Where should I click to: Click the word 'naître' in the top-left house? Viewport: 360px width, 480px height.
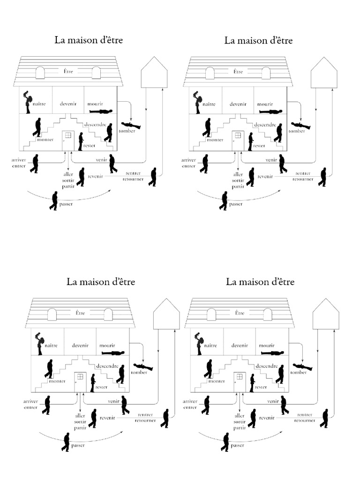(39, 104)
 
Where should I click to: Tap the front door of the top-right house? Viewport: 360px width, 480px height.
(238, 140)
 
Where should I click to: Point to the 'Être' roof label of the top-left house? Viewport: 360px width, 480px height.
(68, 72)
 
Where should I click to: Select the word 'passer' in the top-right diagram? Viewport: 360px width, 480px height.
(236, 204)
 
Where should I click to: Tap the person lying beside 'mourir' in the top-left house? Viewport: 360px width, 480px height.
(102, 112)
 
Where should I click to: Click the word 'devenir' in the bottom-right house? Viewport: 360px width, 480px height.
(239, 345)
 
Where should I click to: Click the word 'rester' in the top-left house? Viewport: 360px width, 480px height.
(89, 145)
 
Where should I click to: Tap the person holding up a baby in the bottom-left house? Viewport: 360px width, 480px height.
(40, 343)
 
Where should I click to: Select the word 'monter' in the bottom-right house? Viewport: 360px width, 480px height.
(217, 381)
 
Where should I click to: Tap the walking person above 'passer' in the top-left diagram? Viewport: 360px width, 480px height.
(54, 201)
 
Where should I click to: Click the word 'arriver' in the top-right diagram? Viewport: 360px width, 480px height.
(188, 160)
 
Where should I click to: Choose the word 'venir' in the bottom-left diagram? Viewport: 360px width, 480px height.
(113, 402)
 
